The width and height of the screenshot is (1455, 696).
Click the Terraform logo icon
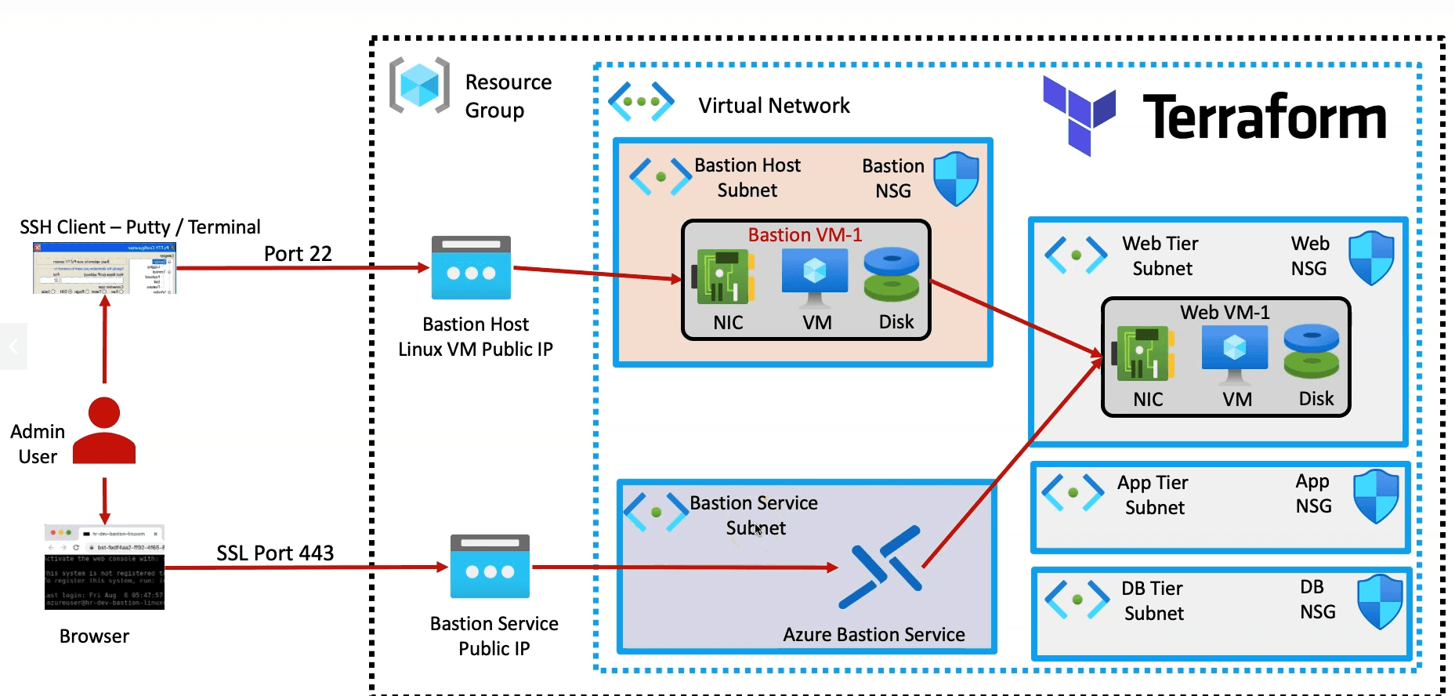[x=1078, y=116]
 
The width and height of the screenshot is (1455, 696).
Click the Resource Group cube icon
[x=420, y=85]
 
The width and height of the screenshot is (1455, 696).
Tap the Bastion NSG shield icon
[x=956, y=179]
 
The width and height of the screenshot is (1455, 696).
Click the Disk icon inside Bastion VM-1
[x=892, y=275]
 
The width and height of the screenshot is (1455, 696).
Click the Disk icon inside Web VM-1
[x=1312, y=352]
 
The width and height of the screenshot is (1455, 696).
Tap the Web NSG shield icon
[x=1371, y=257]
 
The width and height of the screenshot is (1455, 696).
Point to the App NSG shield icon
[x=1376, y=495]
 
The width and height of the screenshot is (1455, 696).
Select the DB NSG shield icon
[x=1379, y=601]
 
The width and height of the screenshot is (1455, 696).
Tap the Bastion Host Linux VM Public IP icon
[x=471, y=268]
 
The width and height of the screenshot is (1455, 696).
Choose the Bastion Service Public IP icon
[x=490, y=567]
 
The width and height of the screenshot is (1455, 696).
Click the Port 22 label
[x=298, y=254]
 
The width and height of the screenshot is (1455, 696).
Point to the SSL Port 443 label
[x=275, y=553]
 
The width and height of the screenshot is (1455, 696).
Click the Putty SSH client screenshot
[x=104, y=268]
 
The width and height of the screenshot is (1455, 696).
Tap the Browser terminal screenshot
[x=104, y=567]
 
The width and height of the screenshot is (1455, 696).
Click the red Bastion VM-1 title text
[x=805, y=234]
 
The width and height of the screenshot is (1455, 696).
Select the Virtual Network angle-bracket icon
[x=641, y=102]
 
